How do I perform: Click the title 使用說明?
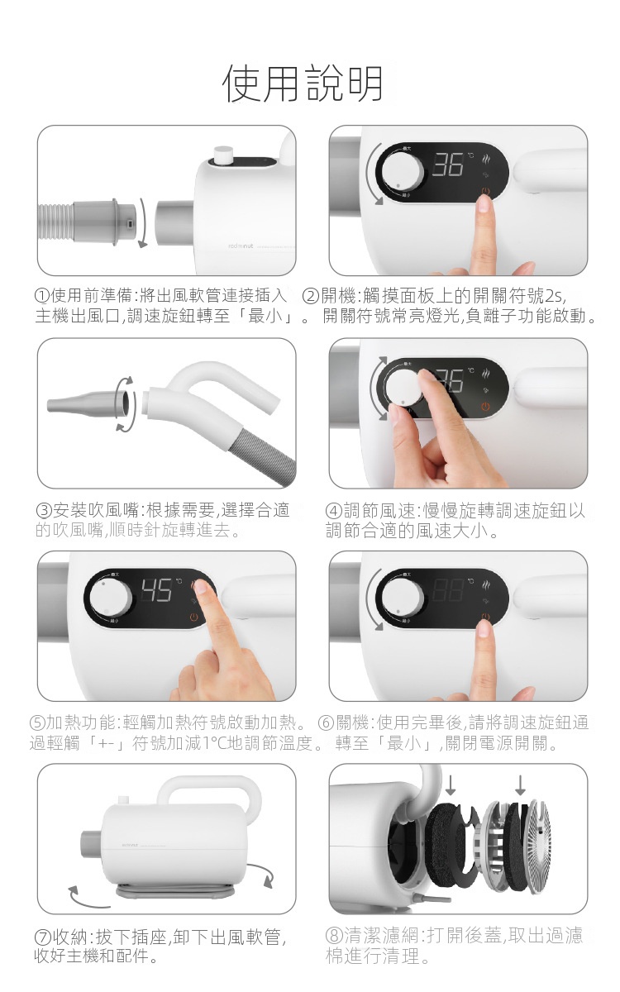coord(303,83)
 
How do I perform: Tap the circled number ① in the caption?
coord(42,296)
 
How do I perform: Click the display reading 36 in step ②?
coord(448,165)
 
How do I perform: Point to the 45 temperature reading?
coord(156,590)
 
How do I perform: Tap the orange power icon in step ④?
coord(486,407)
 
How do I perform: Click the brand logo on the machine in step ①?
coord(241,246)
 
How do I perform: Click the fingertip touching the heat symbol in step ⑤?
coord(202,587)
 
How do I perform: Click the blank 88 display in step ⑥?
coord(448,590)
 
